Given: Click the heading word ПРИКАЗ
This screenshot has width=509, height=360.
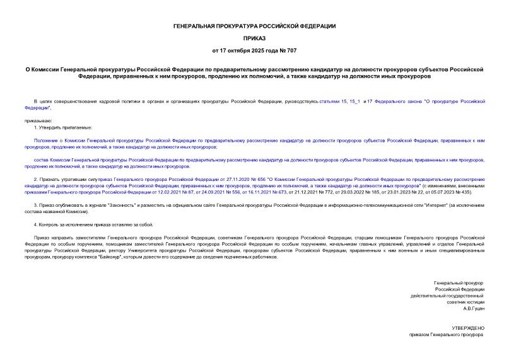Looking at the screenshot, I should (254, 38).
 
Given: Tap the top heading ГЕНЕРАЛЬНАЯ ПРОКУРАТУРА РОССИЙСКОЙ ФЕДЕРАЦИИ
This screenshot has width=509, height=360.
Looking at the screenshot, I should (254, 26).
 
